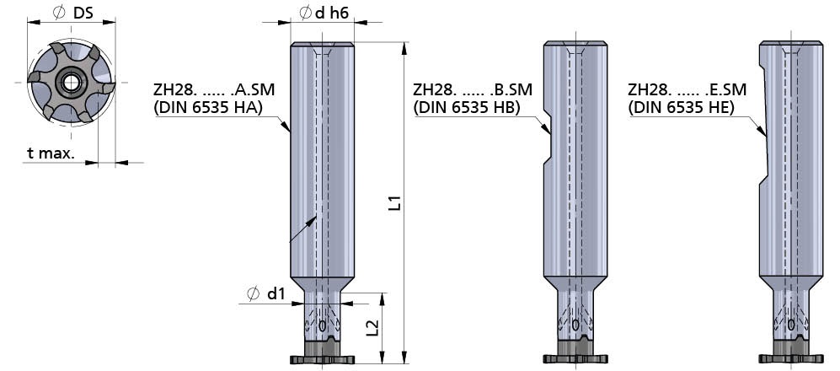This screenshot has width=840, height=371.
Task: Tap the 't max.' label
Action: click(x=51, y=153)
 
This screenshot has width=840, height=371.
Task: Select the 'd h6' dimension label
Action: click(x=324, y=13)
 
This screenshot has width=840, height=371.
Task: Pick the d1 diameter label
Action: click(x=265, y=293)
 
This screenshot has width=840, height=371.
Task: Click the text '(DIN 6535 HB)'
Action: click(x=467, y=107)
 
